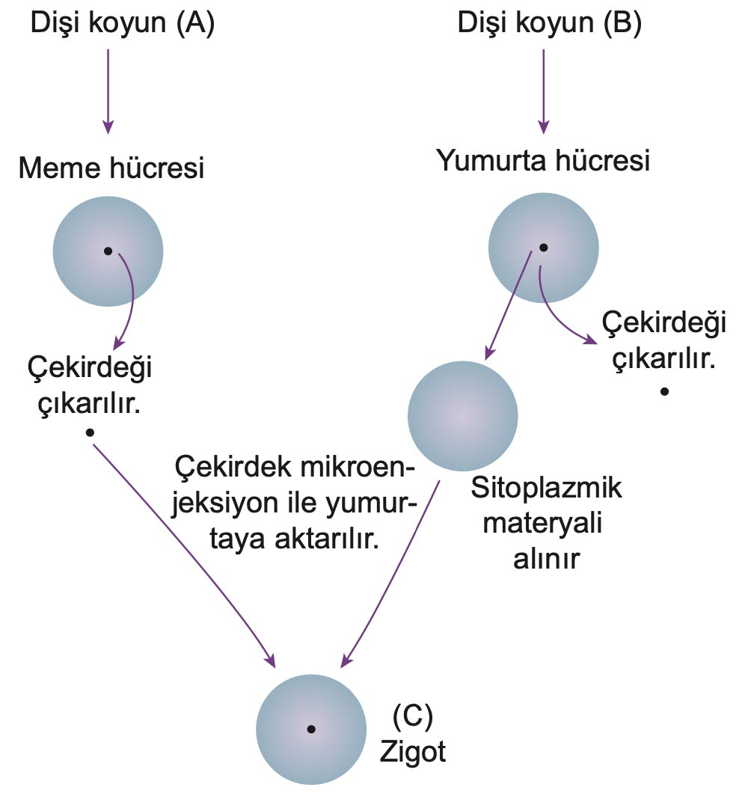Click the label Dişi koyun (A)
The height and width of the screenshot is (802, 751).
click(122, 24)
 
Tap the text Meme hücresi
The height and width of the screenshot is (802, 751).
click(111, 168)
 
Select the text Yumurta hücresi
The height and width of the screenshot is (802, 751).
click(543, 160)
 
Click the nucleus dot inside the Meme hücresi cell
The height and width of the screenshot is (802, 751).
click(108, 251)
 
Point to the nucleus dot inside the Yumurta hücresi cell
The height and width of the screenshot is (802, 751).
click(544, 248)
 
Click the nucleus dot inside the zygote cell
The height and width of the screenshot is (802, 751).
click(310, 729)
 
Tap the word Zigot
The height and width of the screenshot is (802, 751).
click(412, 750)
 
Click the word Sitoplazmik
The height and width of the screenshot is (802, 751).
click(547, 492)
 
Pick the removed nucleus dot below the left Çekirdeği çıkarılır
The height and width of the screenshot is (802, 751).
click(90, 432)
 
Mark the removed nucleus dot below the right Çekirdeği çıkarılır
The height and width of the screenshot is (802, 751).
click(664, 391)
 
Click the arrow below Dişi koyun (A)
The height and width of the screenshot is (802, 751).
click(108, 90)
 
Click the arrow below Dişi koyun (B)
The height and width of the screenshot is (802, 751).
click(544, 90)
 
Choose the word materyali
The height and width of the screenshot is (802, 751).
click(544, 524)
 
